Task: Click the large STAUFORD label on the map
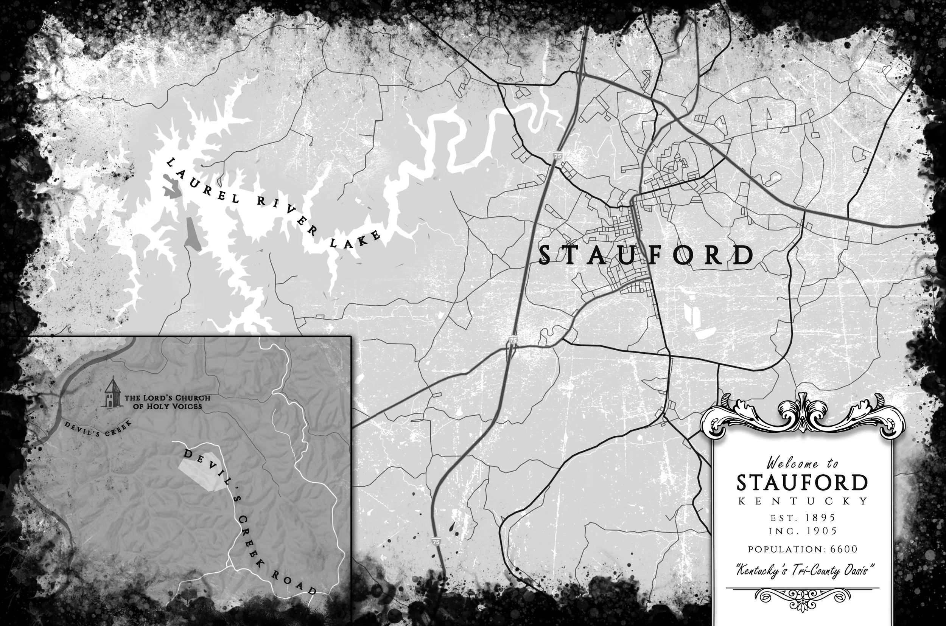point(646,256)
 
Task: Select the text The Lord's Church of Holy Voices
point(167,402)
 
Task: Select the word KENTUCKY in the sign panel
point(802,501)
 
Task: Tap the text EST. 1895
point(802,518)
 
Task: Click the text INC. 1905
point(802,531)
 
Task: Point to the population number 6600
point(844,549)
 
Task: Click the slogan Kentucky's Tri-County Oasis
point(802,570)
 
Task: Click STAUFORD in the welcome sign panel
point(802,483)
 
